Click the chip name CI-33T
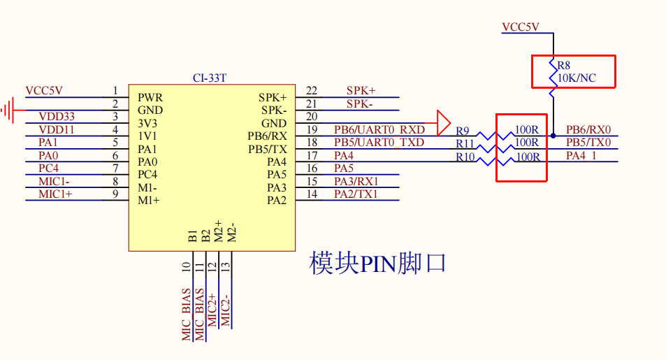[x=209, y=78]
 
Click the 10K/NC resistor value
[x=577, y=78]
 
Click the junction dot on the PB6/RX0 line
[x=553, y=135]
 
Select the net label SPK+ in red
[x=361, y=91]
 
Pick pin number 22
[x=312, y=91]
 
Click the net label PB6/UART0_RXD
[x=379, y=129]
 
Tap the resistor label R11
[x=465, y=144]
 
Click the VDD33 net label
[x=57, y=117]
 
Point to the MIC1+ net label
[x=55, y=194]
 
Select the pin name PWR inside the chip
[x=150, y=98]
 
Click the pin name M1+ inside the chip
[x=148, y=201]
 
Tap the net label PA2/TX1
[x=356, y=194]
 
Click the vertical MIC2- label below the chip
[x=225, y=311]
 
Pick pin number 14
[x=312, y=194]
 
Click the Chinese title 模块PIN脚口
[x=377, y=264]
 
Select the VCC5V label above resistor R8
[x=521, y=27]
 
